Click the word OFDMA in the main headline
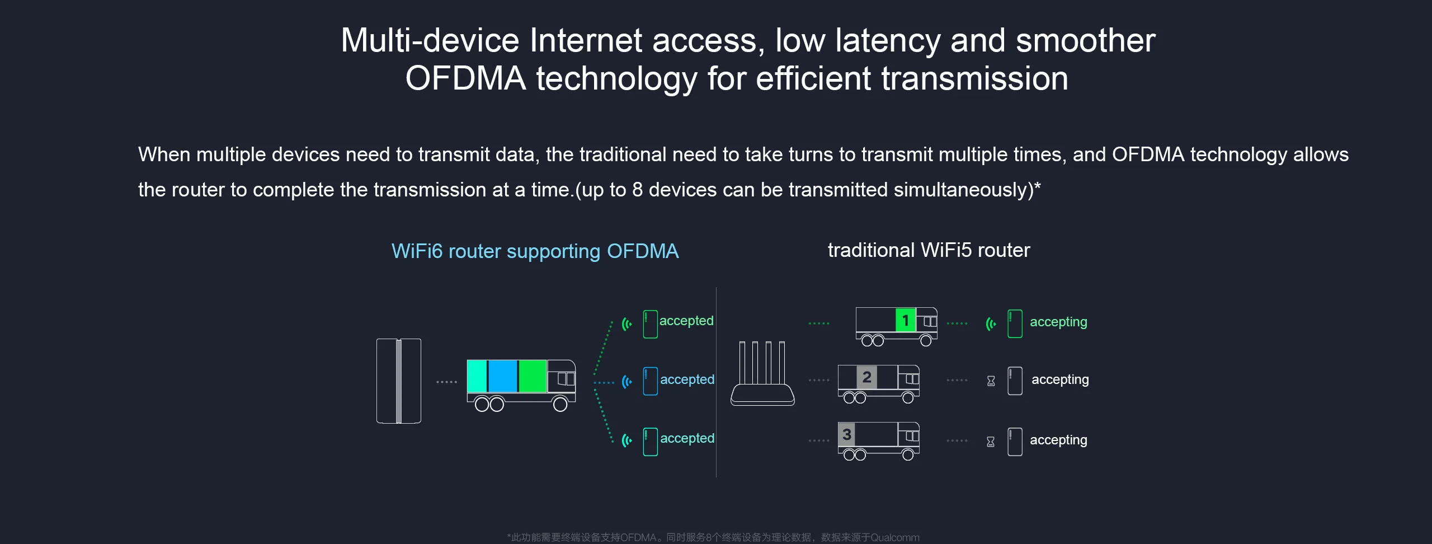tap(465, 78)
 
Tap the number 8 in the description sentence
tap(637, 190)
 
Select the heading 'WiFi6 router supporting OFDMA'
tap(535, 251)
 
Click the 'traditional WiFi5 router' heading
tap(929, 250)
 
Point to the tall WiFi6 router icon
tap(398, 381)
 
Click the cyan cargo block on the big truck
tap(477, 376)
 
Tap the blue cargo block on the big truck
tap(503, 376)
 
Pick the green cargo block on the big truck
tap(532, 376)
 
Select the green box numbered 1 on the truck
tap(905, 320)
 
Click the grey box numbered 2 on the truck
tap(866, 377)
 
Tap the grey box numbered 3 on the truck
tap(846, 434)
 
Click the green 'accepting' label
tap(1058, 322)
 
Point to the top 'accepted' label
tap(686, 321)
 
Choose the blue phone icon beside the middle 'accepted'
tap(650, 381)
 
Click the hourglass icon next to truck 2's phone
tap(991, 381)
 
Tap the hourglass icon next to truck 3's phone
tap(991, 442)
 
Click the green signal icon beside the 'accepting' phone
tap(991, 323)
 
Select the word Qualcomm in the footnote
tap(894, 537)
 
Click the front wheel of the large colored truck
tap(560, 404)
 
